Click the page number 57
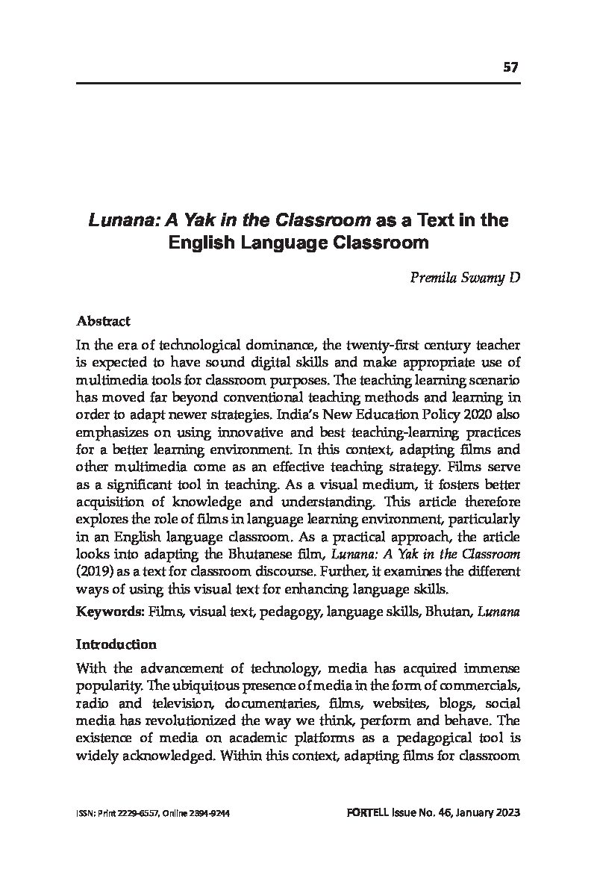(x=510, y=67)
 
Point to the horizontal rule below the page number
(x=298, y=83)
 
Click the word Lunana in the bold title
(x=119, y=221)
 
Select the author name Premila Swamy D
(x=465, y=278)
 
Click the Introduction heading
(x=116, y=644)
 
